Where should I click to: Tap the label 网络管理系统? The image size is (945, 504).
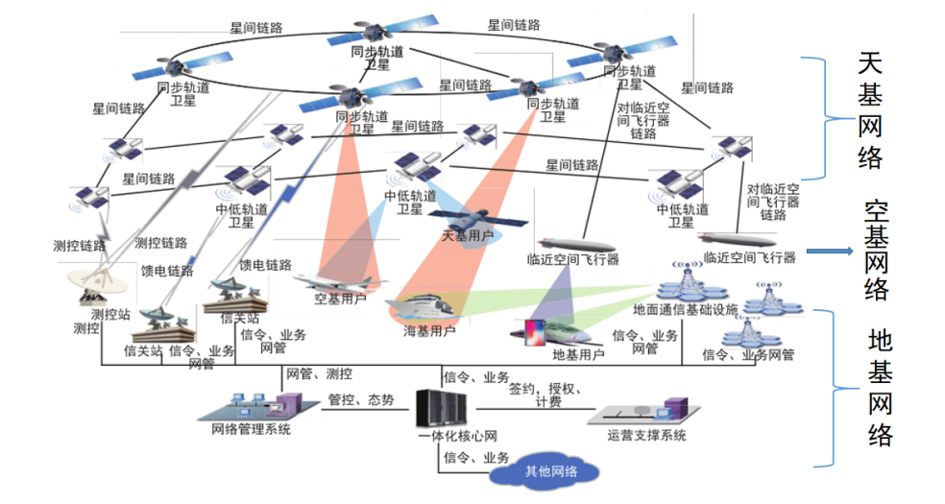[x=251, y=429]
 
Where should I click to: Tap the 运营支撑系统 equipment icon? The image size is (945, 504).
[x=645, y=411]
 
